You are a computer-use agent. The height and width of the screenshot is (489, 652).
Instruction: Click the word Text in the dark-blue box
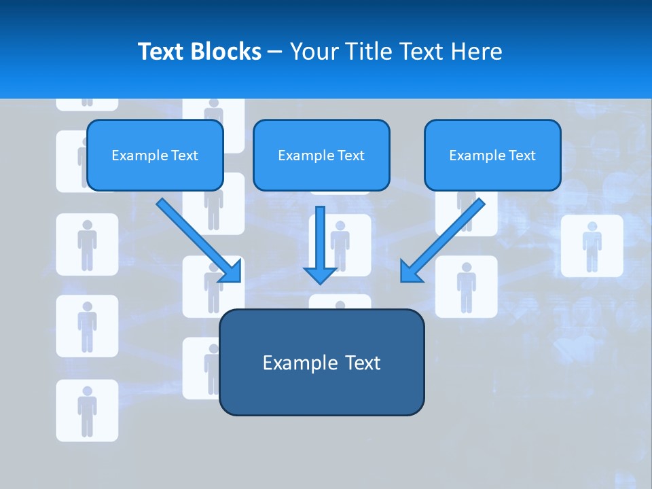tap(364, 363)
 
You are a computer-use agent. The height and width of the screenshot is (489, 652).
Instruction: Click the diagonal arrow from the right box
tap(448, 235)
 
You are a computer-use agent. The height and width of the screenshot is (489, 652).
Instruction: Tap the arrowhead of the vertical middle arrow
tap(321, 275)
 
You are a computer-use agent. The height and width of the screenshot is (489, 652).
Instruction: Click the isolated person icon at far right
tap(592, 245)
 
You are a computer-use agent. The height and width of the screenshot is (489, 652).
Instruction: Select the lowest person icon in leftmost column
tap(87, 410)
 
